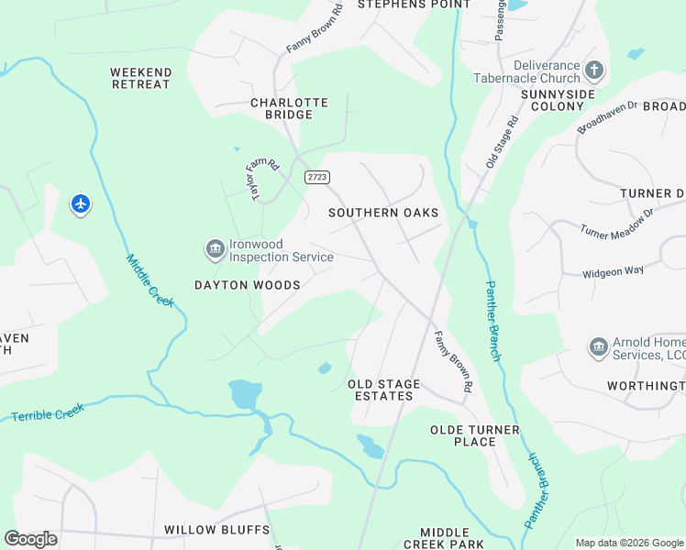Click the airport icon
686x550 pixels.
(81, 203)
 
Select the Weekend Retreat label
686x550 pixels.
(140, 78)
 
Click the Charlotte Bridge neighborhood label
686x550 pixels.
(289, 109)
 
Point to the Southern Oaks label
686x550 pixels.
(383, 213)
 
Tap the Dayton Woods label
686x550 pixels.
(247, 285)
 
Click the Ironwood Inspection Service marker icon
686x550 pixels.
(215, 249)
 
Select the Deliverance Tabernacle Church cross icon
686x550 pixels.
(594, 70)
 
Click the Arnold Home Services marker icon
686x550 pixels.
(598, 347)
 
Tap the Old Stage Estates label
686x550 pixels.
(383, 390)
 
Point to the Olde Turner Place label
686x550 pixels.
(475, 435)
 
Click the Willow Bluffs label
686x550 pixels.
(216, 530)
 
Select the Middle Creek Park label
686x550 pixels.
(451, 538)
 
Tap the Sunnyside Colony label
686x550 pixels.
(552, 100)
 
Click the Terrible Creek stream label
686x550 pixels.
(47, 414)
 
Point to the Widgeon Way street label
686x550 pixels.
(614, 271)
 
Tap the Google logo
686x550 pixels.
(30, 539)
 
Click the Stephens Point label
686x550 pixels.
(401, 5)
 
